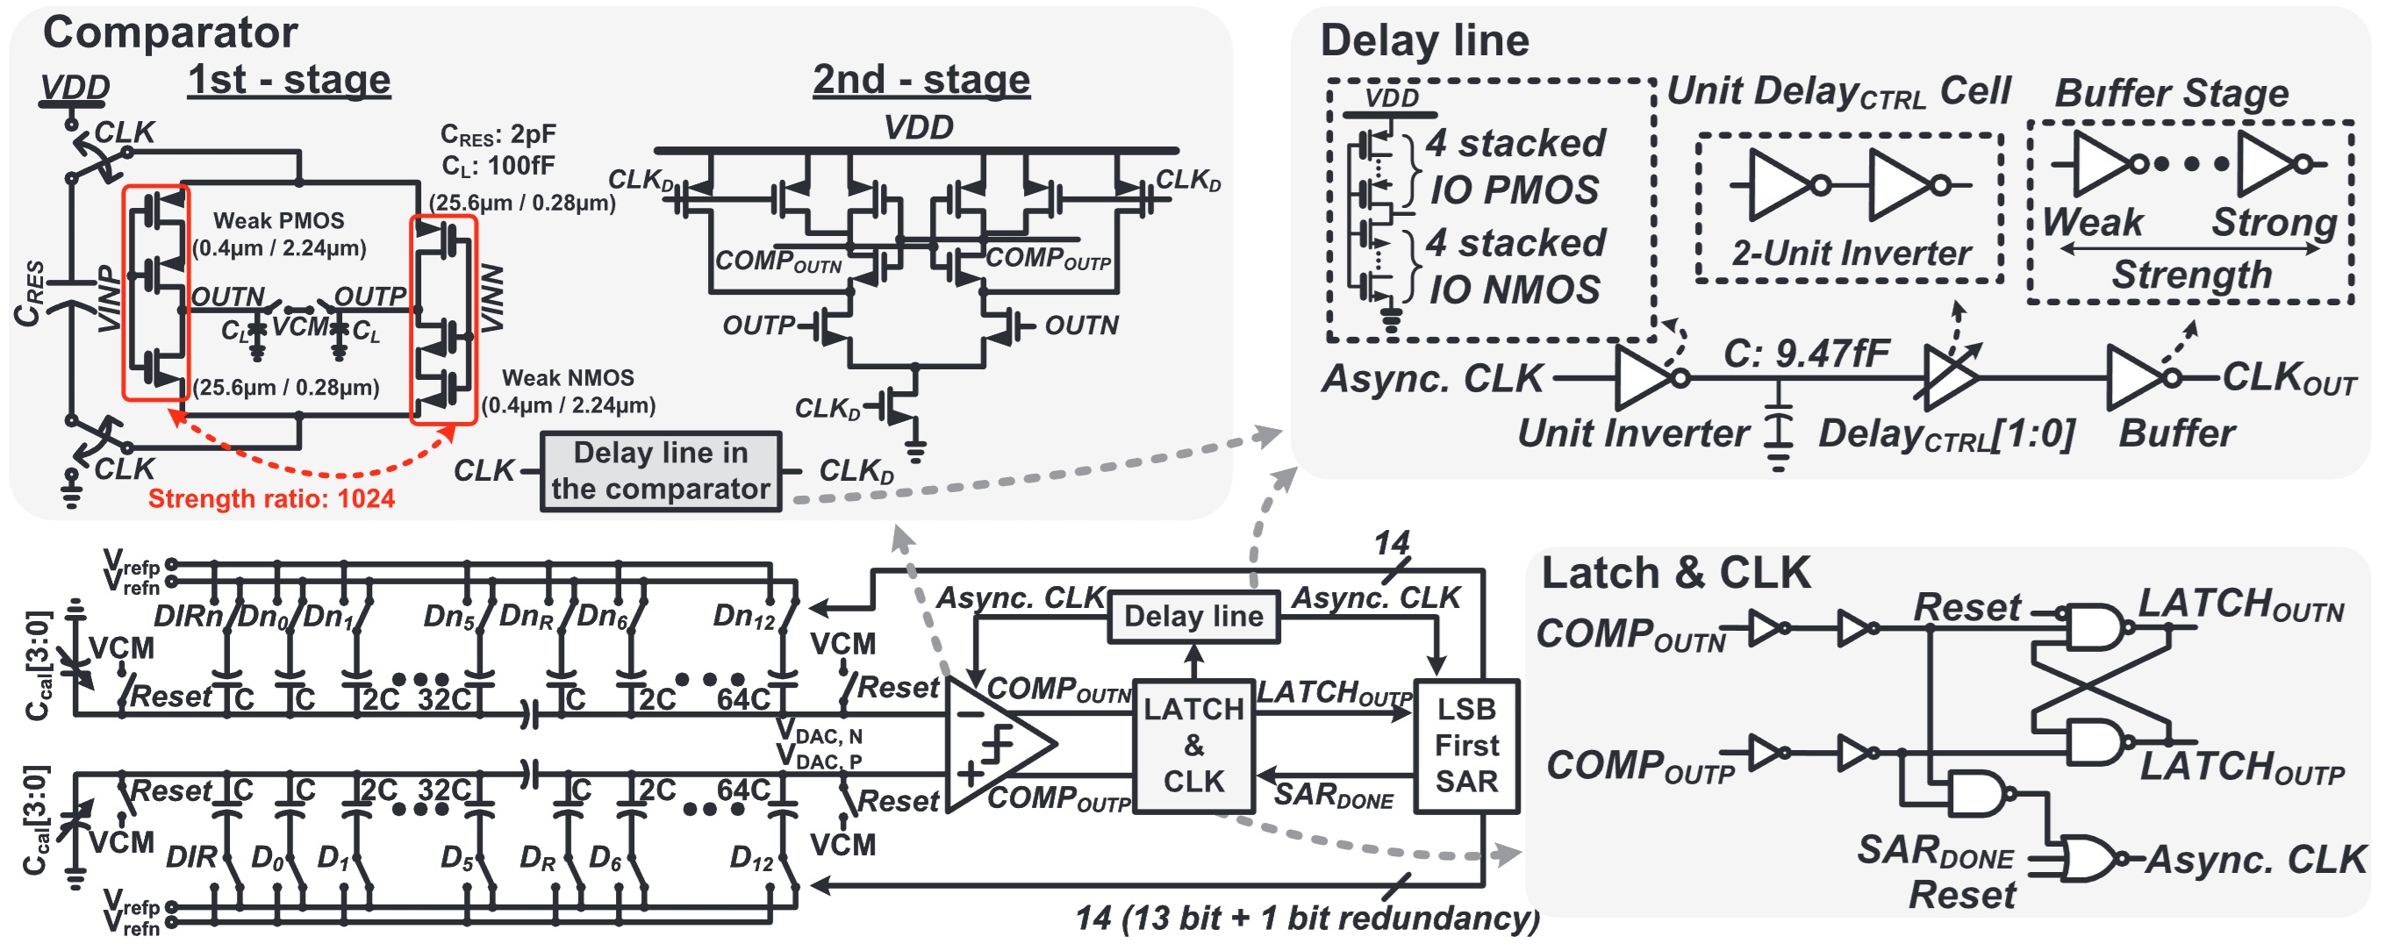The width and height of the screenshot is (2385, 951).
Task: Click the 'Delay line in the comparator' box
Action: click(660, 471)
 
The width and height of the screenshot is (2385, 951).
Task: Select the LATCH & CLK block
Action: click(1193, 746)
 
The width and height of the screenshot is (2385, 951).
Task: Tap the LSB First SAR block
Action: click(1465, 746)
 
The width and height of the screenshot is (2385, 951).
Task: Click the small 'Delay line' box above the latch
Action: click(1193, 616)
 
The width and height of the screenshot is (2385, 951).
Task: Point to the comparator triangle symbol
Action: click(995, 744)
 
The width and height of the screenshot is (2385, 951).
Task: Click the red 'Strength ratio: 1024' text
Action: click(271, 499)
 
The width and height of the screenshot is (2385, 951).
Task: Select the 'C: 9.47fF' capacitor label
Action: click(1805, 354)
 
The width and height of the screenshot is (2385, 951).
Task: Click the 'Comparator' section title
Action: click(170, 32)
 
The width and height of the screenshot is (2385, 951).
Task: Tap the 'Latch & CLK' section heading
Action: click(1675, 573)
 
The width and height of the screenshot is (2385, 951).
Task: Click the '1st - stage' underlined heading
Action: click(289, 81)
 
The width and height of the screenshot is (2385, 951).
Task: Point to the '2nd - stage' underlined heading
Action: click(921, 81)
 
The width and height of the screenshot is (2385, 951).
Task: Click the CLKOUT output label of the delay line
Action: click(2288, 378)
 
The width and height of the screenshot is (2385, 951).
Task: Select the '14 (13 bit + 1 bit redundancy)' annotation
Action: click(1307, 918)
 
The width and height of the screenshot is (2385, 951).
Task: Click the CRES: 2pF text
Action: click(498, 135)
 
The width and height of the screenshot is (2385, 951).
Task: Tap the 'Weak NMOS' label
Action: click(568, 378)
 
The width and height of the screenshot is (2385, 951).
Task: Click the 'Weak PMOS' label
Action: click(279, 220)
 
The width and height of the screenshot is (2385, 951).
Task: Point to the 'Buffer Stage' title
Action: click(2171, 94)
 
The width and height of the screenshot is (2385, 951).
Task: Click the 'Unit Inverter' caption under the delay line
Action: click(1632, 433)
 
